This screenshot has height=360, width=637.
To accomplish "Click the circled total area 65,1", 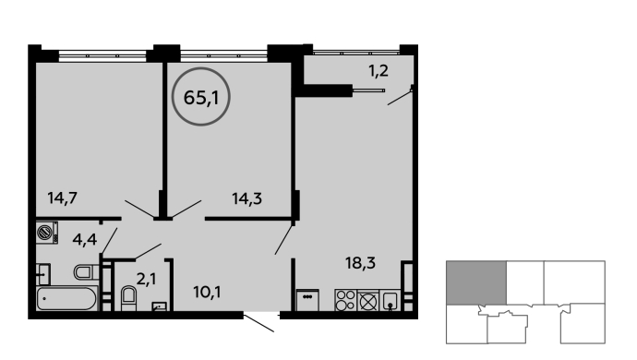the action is pos(201,97).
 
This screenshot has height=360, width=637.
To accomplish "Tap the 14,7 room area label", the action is pos(62,198).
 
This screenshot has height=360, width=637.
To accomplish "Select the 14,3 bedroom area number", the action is pos(247,198).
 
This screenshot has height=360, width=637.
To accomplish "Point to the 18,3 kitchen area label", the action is pos(360,263).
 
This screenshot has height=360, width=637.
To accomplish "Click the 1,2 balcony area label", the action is pos(379,71).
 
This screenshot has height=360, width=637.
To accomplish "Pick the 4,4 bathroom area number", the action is pos(85,239).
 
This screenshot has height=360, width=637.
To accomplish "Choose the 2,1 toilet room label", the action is pos(146,279).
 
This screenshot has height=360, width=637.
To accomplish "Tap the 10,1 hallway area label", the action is pos(207,292).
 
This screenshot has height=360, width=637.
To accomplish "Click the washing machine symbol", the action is pos(47,233).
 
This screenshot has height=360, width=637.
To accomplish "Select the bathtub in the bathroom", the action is pos(67,299).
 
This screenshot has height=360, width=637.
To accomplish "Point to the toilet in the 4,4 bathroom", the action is pos(87,271).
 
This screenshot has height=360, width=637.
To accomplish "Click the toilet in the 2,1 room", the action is pos(129,298).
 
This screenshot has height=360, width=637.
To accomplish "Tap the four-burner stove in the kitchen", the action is pos(345,300).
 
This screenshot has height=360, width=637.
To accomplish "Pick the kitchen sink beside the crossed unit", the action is pos(390,301).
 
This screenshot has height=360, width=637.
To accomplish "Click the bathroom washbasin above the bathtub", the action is pos(43,274).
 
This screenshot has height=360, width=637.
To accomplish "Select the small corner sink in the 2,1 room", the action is pos(159,306).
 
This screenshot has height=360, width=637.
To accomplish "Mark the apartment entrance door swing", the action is pos(258,323).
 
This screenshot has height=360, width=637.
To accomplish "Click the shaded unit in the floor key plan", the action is pos(476,282).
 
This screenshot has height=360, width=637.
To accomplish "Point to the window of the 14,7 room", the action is pos(102,55).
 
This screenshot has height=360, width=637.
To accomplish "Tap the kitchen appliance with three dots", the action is pos(307,300).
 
